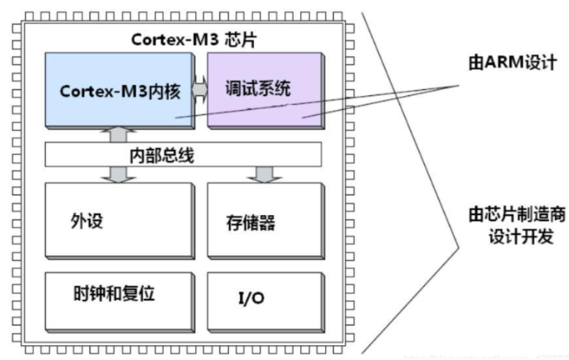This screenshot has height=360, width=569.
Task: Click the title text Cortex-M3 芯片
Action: [x=182, y=38]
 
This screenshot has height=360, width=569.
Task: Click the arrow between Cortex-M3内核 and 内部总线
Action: [x=117, y=134]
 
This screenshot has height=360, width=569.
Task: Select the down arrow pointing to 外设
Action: [x=117, y=174]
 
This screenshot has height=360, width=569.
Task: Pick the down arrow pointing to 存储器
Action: [x=264, y=174]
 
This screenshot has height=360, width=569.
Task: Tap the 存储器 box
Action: [x=264, y=221]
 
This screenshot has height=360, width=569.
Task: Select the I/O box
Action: [x=264, y=297]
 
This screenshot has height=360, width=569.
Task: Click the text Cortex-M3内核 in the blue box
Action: [x=116, y=90]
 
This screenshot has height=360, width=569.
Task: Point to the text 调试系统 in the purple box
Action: [x=254, y=88]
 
